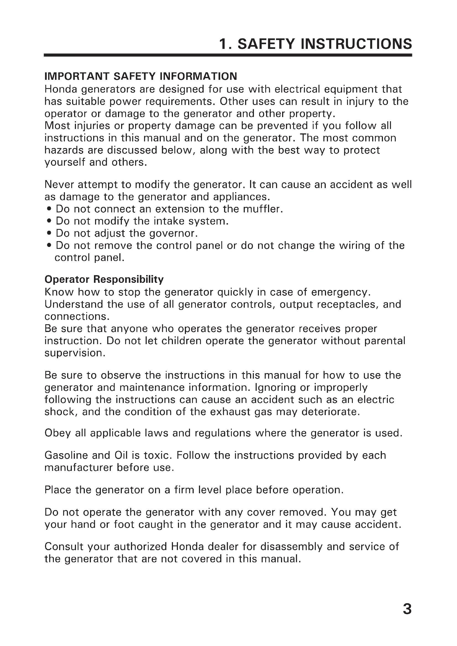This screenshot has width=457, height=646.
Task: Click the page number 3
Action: pyautogui.click(x=407, y=609)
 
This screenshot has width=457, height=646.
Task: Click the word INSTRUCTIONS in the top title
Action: pyautogui.click(x=356, y=44)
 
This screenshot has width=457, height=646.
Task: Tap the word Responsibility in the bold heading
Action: pyautogui.click(x=128, y=280)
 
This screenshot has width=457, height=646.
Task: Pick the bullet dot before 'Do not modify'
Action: pyautogui.click(x=49, y=222)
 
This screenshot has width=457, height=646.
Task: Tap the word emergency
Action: pyautogui.click(x=340, y=292)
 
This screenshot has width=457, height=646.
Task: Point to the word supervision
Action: pyautogui.click(x=75, y=353)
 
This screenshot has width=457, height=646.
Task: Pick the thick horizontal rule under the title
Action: pyautogui.click(x=228, y=55)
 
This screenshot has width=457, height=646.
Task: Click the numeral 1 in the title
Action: pyautogui.click(x=224, y=44)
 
